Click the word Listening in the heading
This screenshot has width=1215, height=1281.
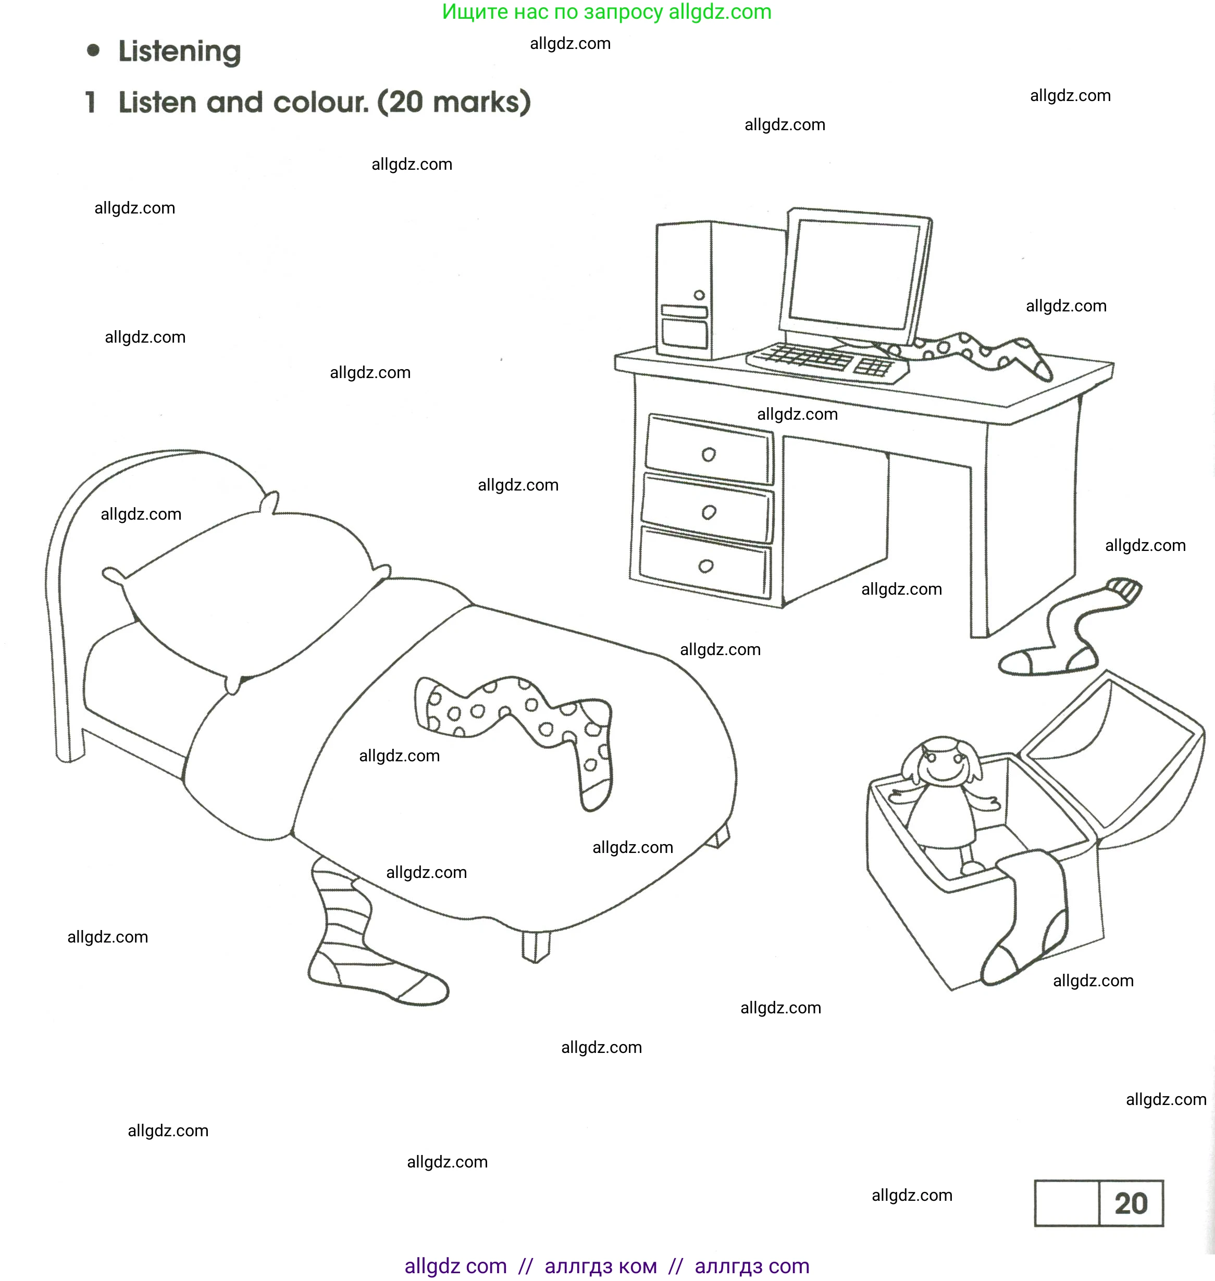(179, 52)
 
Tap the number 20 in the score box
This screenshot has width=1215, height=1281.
(1131, 1203)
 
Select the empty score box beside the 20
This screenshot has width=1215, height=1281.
(1067, 1203)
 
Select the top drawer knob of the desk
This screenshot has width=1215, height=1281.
(709, 455)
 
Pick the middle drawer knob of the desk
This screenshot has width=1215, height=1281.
(709, 512)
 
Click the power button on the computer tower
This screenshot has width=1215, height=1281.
(699, 295)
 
